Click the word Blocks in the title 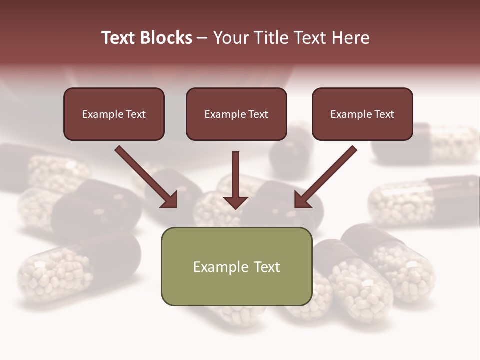[166, 38]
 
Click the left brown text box [114, 127]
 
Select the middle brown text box [236, 127]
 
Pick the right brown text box [362, 127]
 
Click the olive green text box [236, 287]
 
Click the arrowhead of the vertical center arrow [235, 202]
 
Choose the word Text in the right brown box [384, 114]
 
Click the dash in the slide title [202, 38]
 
